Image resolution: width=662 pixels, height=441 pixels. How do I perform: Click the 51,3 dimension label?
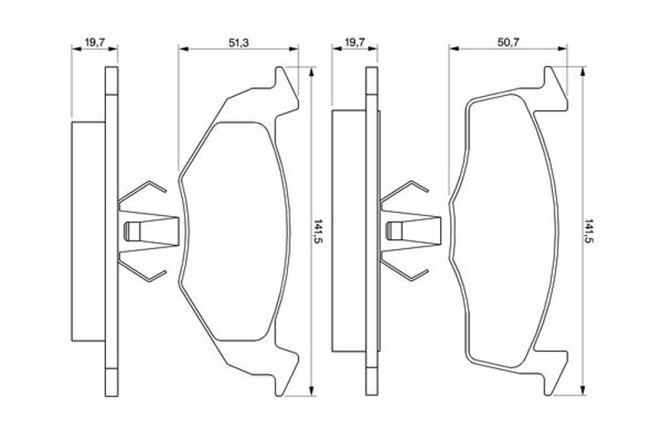coord(238,43)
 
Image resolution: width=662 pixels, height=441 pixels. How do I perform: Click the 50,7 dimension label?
coord(508,43)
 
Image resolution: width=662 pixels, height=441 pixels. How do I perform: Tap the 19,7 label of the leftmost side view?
coord(94,43)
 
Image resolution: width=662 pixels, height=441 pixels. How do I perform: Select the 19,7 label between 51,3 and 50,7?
coord(355,43)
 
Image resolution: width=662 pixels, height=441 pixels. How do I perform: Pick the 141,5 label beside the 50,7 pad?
coord(589,232)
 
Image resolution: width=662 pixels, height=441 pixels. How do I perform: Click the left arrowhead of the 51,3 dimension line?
coord(183,49)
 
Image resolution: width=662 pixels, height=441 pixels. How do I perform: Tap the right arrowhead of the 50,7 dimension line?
coord(563,49)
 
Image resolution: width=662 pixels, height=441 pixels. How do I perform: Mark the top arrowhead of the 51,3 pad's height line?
coord(312,72)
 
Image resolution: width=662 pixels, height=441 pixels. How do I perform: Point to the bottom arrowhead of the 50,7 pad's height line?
coord(583,391)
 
